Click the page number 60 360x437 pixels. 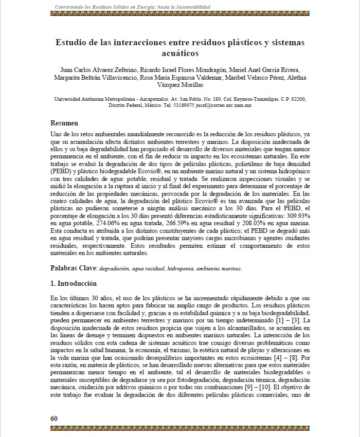[x=53, y=418]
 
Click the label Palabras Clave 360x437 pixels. [x=74, y=268]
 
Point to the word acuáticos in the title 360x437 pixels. [x=180, y=53]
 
